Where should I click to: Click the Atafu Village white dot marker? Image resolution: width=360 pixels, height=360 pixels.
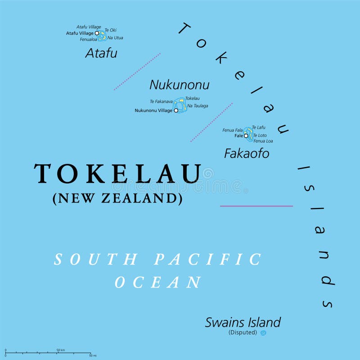97,33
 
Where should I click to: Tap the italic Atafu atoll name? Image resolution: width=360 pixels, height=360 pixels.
101,53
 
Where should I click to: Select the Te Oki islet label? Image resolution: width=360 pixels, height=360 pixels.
110,30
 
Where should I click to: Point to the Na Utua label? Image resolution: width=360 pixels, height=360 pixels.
115,38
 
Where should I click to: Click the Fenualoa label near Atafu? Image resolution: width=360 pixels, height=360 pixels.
89,39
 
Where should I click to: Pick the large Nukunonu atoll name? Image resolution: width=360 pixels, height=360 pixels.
179,85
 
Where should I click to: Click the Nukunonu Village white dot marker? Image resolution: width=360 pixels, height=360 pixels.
176,110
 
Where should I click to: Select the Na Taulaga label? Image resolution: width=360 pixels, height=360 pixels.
198,106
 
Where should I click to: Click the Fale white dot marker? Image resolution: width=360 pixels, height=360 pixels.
246,135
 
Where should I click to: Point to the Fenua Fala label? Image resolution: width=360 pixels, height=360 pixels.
233,130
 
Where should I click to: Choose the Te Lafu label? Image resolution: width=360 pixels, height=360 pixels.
259,127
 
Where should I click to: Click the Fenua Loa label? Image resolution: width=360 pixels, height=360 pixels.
263,141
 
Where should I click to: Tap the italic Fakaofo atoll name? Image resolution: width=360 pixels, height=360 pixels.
247,153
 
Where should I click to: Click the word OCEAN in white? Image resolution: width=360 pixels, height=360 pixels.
158,283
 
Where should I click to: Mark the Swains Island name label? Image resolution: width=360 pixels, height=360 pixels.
243,322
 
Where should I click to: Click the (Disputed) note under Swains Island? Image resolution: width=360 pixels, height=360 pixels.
243,333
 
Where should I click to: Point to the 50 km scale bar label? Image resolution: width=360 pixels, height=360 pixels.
61,350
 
